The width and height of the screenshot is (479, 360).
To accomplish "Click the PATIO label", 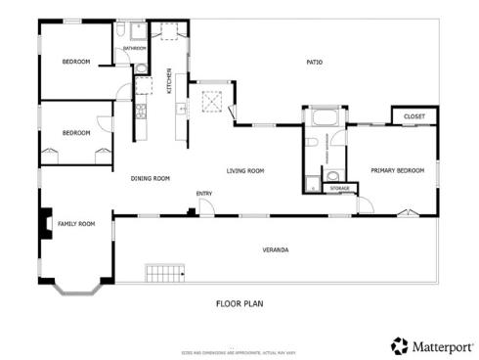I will point(314,63).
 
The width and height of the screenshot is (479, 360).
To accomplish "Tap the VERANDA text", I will point(276,250).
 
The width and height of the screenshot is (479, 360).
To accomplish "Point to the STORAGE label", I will point(339,188).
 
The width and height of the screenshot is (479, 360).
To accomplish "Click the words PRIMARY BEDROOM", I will point(398,170).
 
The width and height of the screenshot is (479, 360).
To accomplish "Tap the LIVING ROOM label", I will point(246,171).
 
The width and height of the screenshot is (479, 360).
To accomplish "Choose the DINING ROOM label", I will point(151,178).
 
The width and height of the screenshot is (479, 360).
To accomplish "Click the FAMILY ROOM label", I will point(76,224).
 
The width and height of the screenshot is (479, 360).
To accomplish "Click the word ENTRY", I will point(204,193).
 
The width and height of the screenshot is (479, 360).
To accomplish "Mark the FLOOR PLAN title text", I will point(239,303).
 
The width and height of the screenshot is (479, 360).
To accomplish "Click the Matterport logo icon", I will point(399,345).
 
